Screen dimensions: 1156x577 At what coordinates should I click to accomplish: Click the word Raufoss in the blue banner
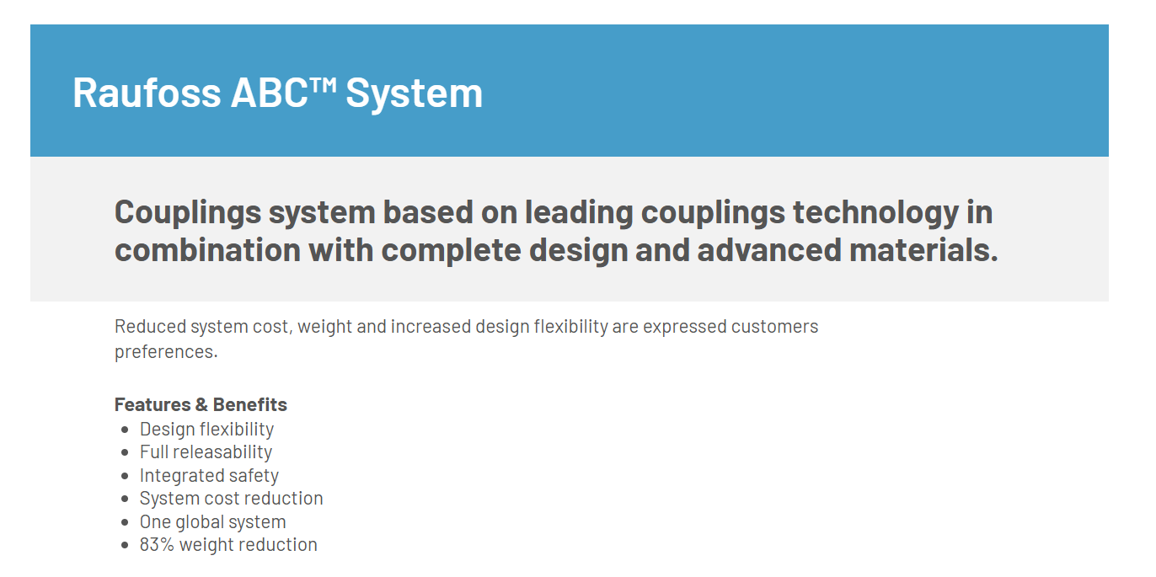[147, 93]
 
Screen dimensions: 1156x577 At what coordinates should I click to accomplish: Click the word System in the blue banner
[414, 95]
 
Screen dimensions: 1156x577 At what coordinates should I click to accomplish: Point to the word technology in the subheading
[875, 214]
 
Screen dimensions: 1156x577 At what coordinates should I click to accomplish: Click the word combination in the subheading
[207, 250]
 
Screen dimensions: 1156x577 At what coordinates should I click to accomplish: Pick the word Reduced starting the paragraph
[150, 327]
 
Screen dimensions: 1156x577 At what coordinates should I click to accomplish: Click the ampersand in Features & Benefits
[201, 404]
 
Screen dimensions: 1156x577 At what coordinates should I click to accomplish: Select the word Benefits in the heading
[249, 404]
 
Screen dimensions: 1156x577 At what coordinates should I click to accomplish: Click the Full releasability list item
[206, 452]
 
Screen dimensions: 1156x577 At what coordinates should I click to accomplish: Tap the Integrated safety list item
[209, 476]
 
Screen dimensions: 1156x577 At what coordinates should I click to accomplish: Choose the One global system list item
[212, 522]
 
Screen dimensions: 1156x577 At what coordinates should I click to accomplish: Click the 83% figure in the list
[157, 545]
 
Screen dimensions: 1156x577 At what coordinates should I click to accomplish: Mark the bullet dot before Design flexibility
[125, 430]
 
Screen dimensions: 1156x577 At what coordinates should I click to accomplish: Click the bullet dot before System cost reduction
[125, 499]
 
